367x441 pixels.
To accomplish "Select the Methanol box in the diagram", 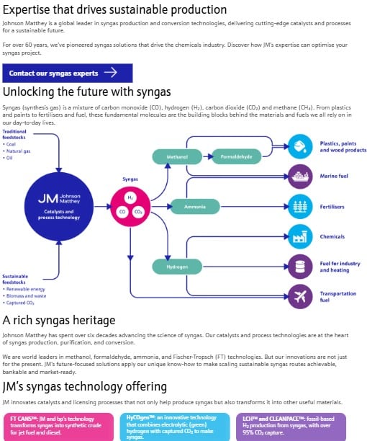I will coord(177,156).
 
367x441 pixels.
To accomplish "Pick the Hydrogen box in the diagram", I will coord(177,267).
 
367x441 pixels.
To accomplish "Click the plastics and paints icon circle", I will coord(299,146).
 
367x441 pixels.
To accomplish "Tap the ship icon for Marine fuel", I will coord(299,176).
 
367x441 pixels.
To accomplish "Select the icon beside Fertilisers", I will coord(299,206).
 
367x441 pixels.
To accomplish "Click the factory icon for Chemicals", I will coord(299,236).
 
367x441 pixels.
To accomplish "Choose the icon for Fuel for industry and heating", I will coord(299,267).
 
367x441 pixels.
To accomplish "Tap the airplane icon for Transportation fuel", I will coord(299,295).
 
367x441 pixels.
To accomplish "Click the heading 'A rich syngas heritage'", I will coord(59,320).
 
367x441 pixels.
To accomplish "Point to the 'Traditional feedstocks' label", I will coord(14,134).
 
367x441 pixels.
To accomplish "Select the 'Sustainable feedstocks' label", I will coord(15,279).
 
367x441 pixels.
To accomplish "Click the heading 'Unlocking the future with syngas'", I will coord(87,92).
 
